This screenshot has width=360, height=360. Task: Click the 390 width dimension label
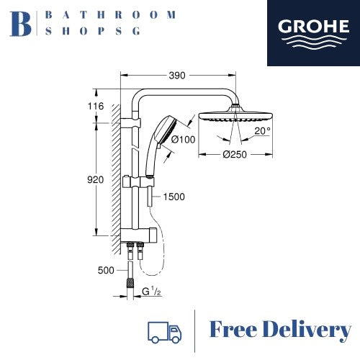[x=177, y=76]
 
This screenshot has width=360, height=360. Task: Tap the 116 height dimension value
[x=96, y=106]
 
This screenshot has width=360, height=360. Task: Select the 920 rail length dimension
[x=95, y=179]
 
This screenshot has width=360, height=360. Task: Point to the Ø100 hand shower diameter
[x=184, y=139]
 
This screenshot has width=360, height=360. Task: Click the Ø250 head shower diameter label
[x=235, y=154]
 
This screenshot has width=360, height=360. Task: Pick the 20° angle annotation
[x=262, y=131]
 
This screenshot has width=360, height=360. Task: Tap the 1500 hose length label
[x=174, y=197]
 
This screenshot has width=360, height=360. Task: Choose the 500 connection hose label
[x=106, y=271]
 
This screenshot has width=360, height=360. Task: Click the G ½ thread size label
[x=151, y=292]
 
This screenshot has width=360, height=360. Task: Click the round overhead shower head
[x=235, y=116]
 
